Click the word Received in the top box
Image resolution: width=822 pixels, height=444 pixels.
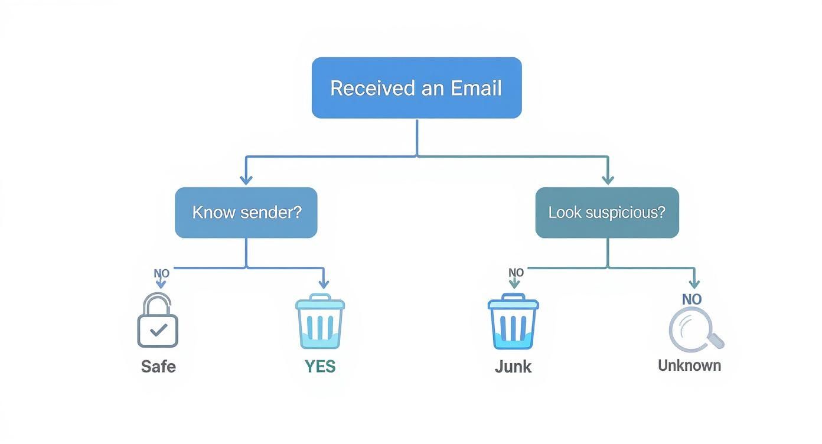[364, 88]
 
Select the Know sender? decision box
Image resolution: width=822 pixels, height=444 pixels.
[246, 213]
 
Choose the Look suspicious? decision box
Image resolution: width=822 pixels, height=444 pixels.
[607, 213]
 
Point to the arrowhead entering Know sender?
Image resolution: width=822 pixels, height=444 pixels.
[246, 179]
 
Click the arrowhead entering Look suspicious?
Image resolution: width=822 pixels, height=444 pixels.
[608, 179]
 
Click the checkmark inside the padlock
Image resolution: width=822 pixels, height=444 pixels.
[158, 330]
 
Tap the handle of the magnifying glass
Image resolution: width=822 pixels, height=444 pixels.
[716, 341]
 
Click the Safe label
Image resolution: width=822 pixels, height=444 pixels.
[158, 367]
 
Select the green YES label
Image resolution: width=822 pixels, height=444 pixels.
[320, 367]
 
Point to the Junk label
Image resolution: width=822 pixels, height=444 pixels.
[513, 367]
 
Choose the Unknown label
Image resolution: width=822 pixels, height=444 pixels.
[689, 365]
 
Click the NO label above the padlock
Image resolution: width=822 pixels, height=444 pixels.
[161, 274]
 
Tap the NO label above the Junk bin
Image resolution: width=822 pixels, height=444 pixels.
[516, 273]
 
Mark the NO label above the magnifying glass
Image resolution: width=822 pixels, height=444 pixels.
[691, 299]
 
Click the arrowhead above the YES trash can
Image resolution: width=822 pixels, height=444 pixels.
[323, 285]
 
